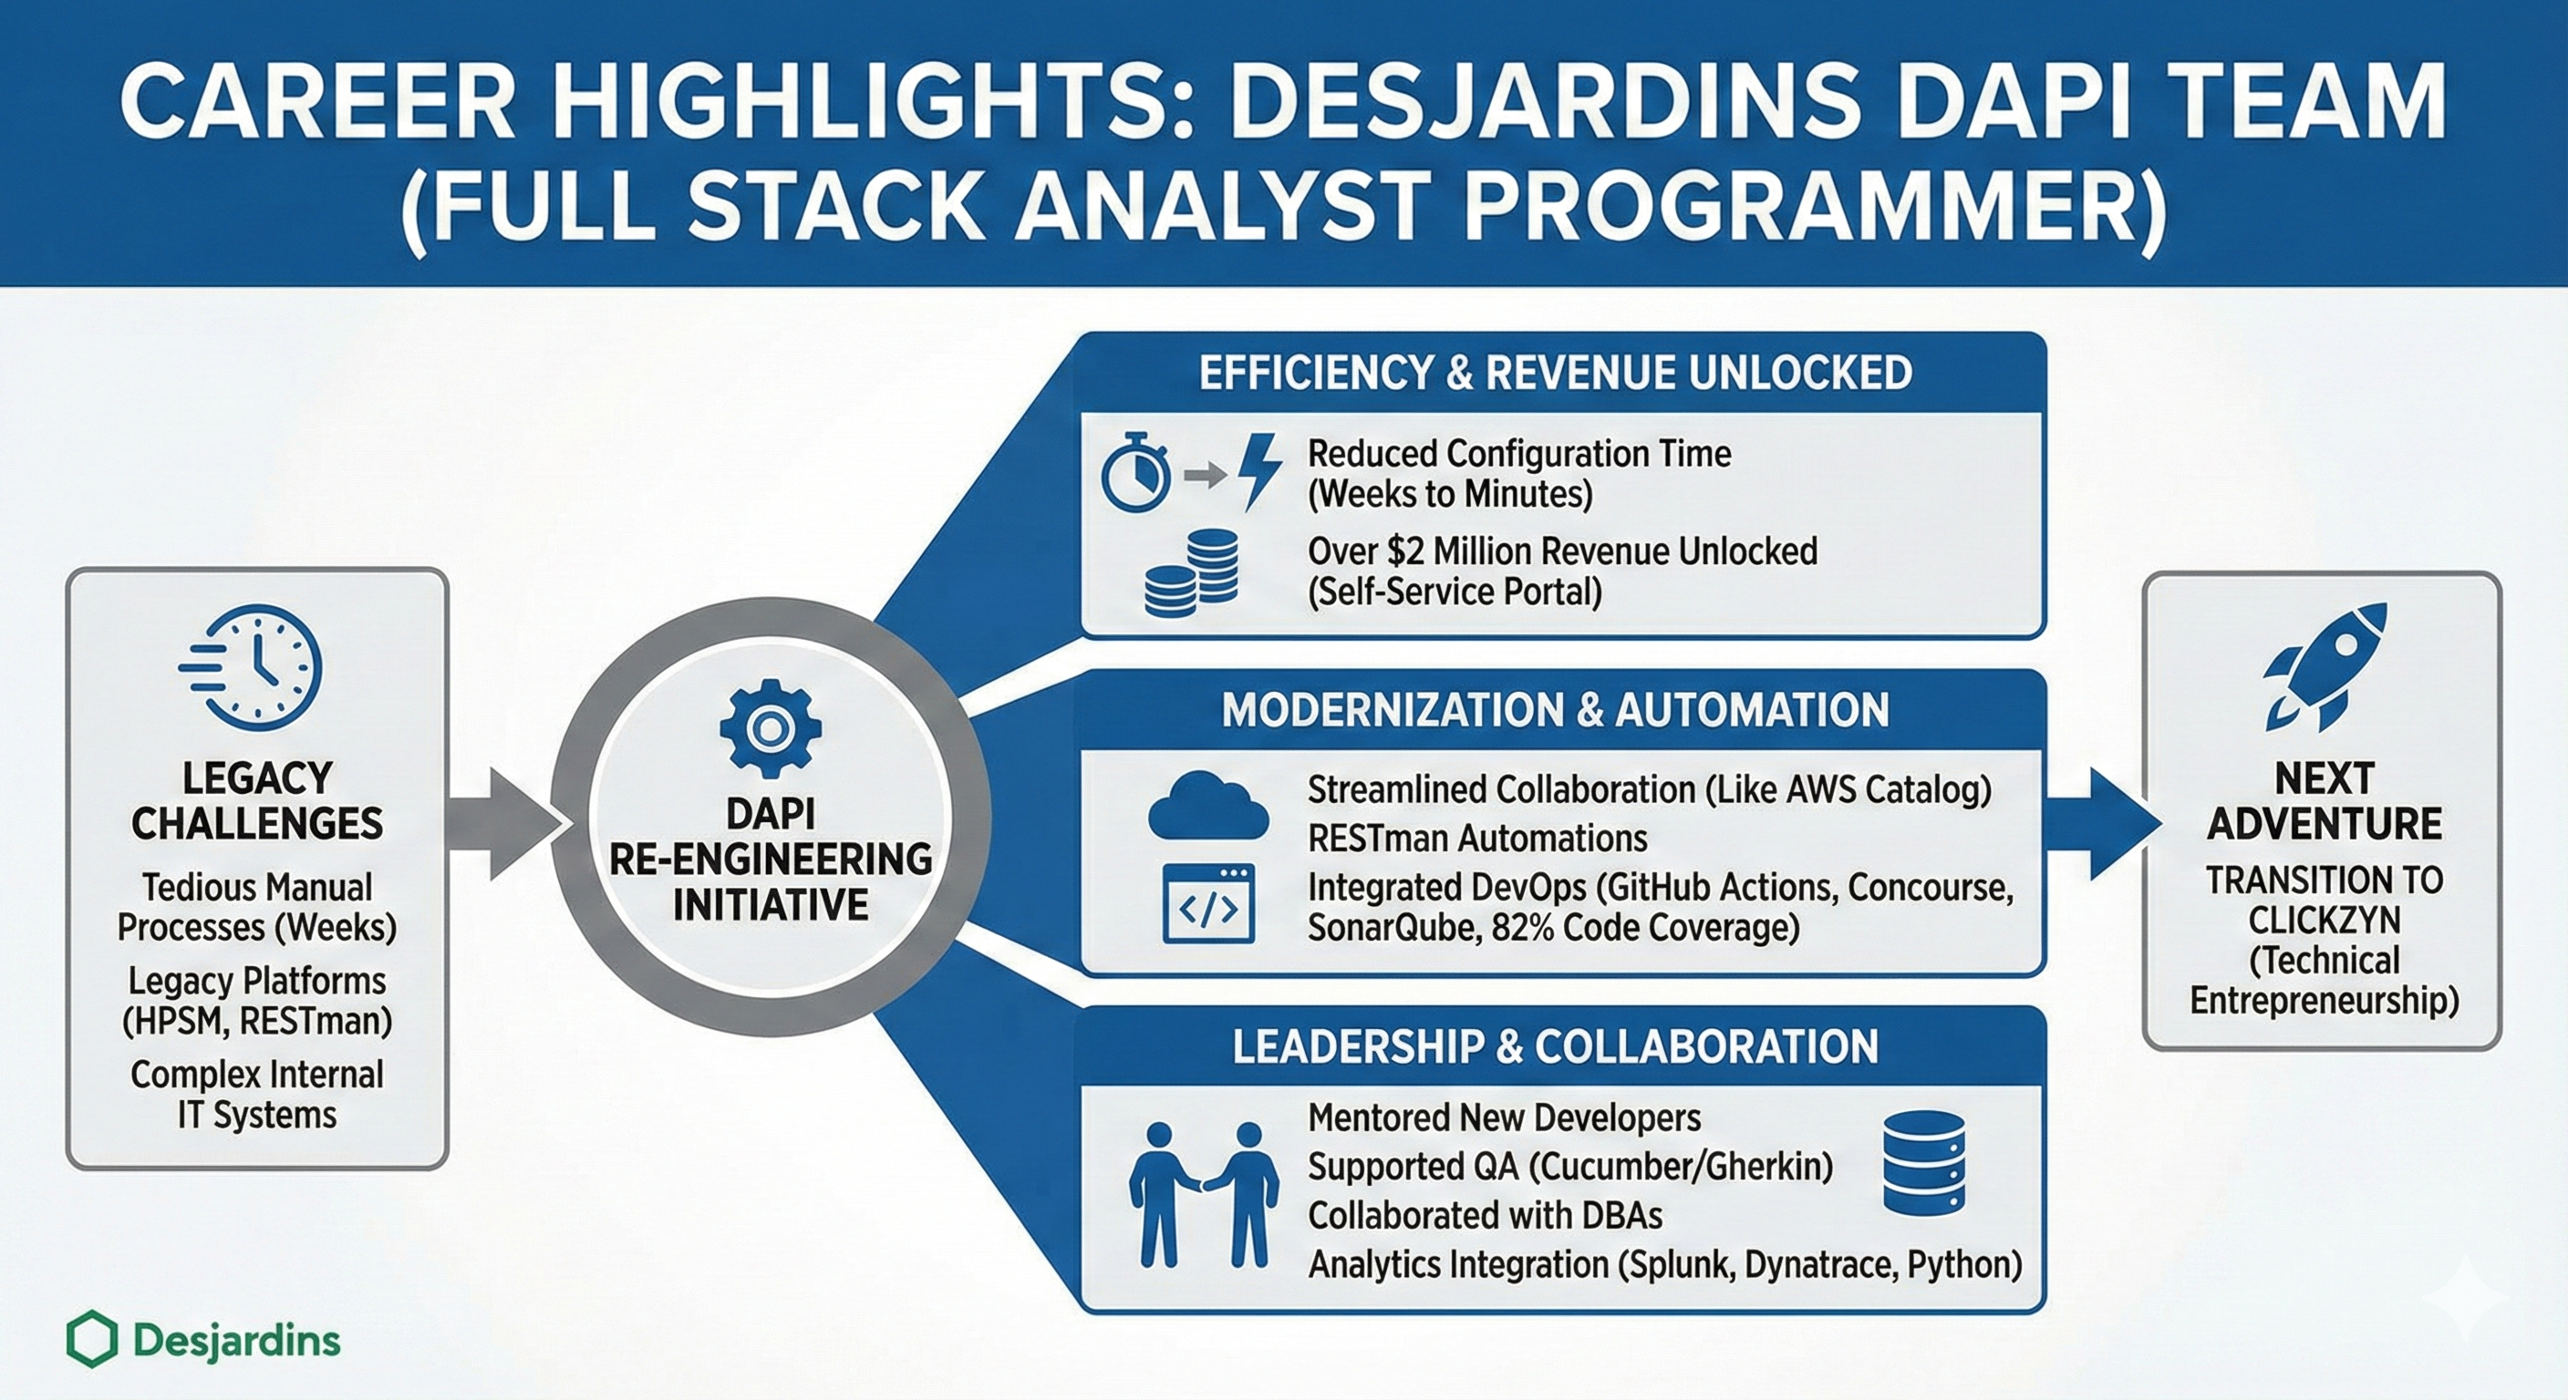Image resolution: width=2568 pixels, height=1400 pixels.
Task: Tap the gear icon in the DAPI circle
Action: coord(770,728)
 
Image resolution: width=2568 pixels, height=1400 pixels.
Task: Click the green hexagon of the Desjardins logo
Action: coord(92,1338)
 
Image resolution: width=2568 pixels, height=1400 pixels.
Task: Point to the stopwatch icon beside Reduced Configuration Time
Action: coord(1135,472)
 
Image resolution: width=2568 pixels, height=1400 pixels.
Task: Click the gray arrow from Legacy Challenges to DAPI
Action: coord(503,824)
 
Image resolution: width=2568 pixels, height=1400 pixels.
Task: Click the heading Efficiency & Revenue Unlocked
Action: coord(1555,373)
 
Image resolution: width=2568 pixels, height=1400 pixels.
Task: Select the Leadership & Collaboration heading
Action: coord(1555,1046)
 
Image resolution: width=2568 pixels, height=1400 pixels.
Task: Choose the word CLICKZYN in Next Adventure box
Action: coord(2325,920)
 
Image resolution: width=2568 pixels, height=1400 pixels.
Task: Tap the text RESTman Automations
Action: coord(1477,838)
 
